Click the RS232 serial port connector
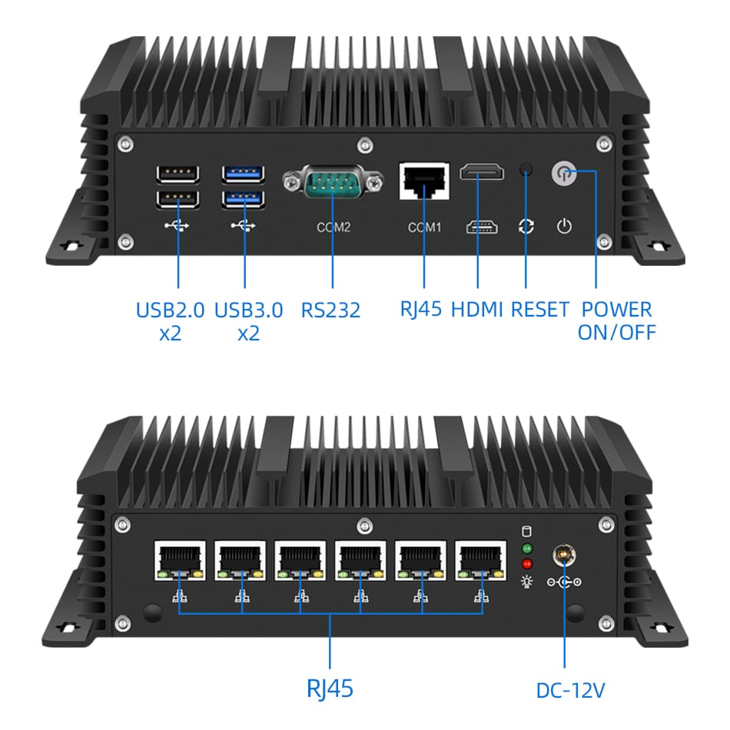pyautogui.click(x=333, y=185)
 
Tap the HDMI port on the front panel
pyautogui.click(x=482, y=172)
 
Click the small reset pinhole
pyautogui.click(x=526, y=169)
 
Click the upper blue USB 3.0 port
pyautogui.click(x=244, y=174)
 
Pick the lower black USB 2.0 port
pyautogui.click(x=178, y=200)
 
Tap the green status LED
pyautogui.click(x=527, y=549)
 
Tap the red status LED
pyautogui.click(x=527, y=563)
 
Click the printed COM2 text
pyautogui.click(x=333, y=227)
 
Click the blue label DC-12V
pyautogui.click(x=571, y=690)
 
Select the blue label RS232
pyautogui.click(x=330, y=310)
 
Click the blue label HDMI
pyautogui.click(x=476, y=310)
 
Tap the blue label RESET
pyautogui.click(x=540, y=310)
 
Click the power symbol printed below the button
pyautogui.click(x=564, y=227)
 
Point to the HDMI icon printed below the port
pyautogui.click(x=481, y=227)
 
